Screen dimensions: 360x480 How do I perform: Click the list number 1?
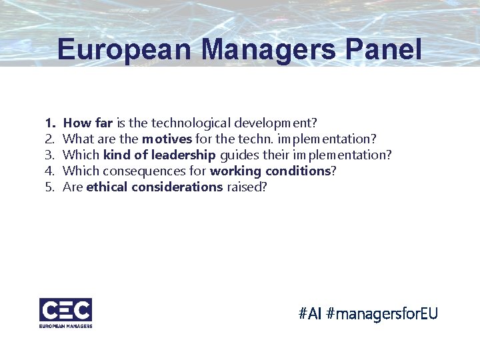tap(49, 123)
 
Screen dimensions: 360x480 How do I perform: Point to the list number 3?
tap(49, 155)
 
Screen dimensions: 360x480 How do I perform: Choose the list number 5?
tap(49, 187)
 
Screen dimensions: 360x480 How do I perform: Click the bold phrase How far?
tap(88, 123)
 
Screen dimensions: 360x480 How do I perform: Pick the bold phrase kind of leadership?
tap(159, 155)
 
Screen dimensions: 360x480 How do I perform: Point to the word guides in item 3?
tap(237, 155)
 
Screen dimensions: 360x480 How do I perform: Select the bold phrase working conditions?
tap(270, 171)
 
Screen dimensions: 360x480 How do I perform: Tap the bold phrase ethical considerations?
tap(155, 187)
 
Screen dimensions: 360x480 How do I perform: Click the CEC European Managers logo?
tap(65, 311)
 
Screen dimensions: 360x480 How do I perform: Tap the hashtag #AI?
tap(310, 313)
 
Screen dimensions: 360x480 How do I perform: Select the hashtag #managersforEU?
tap(382, 313)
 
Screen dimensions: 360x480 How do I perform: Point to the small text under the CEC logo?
tap(65, 325)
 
